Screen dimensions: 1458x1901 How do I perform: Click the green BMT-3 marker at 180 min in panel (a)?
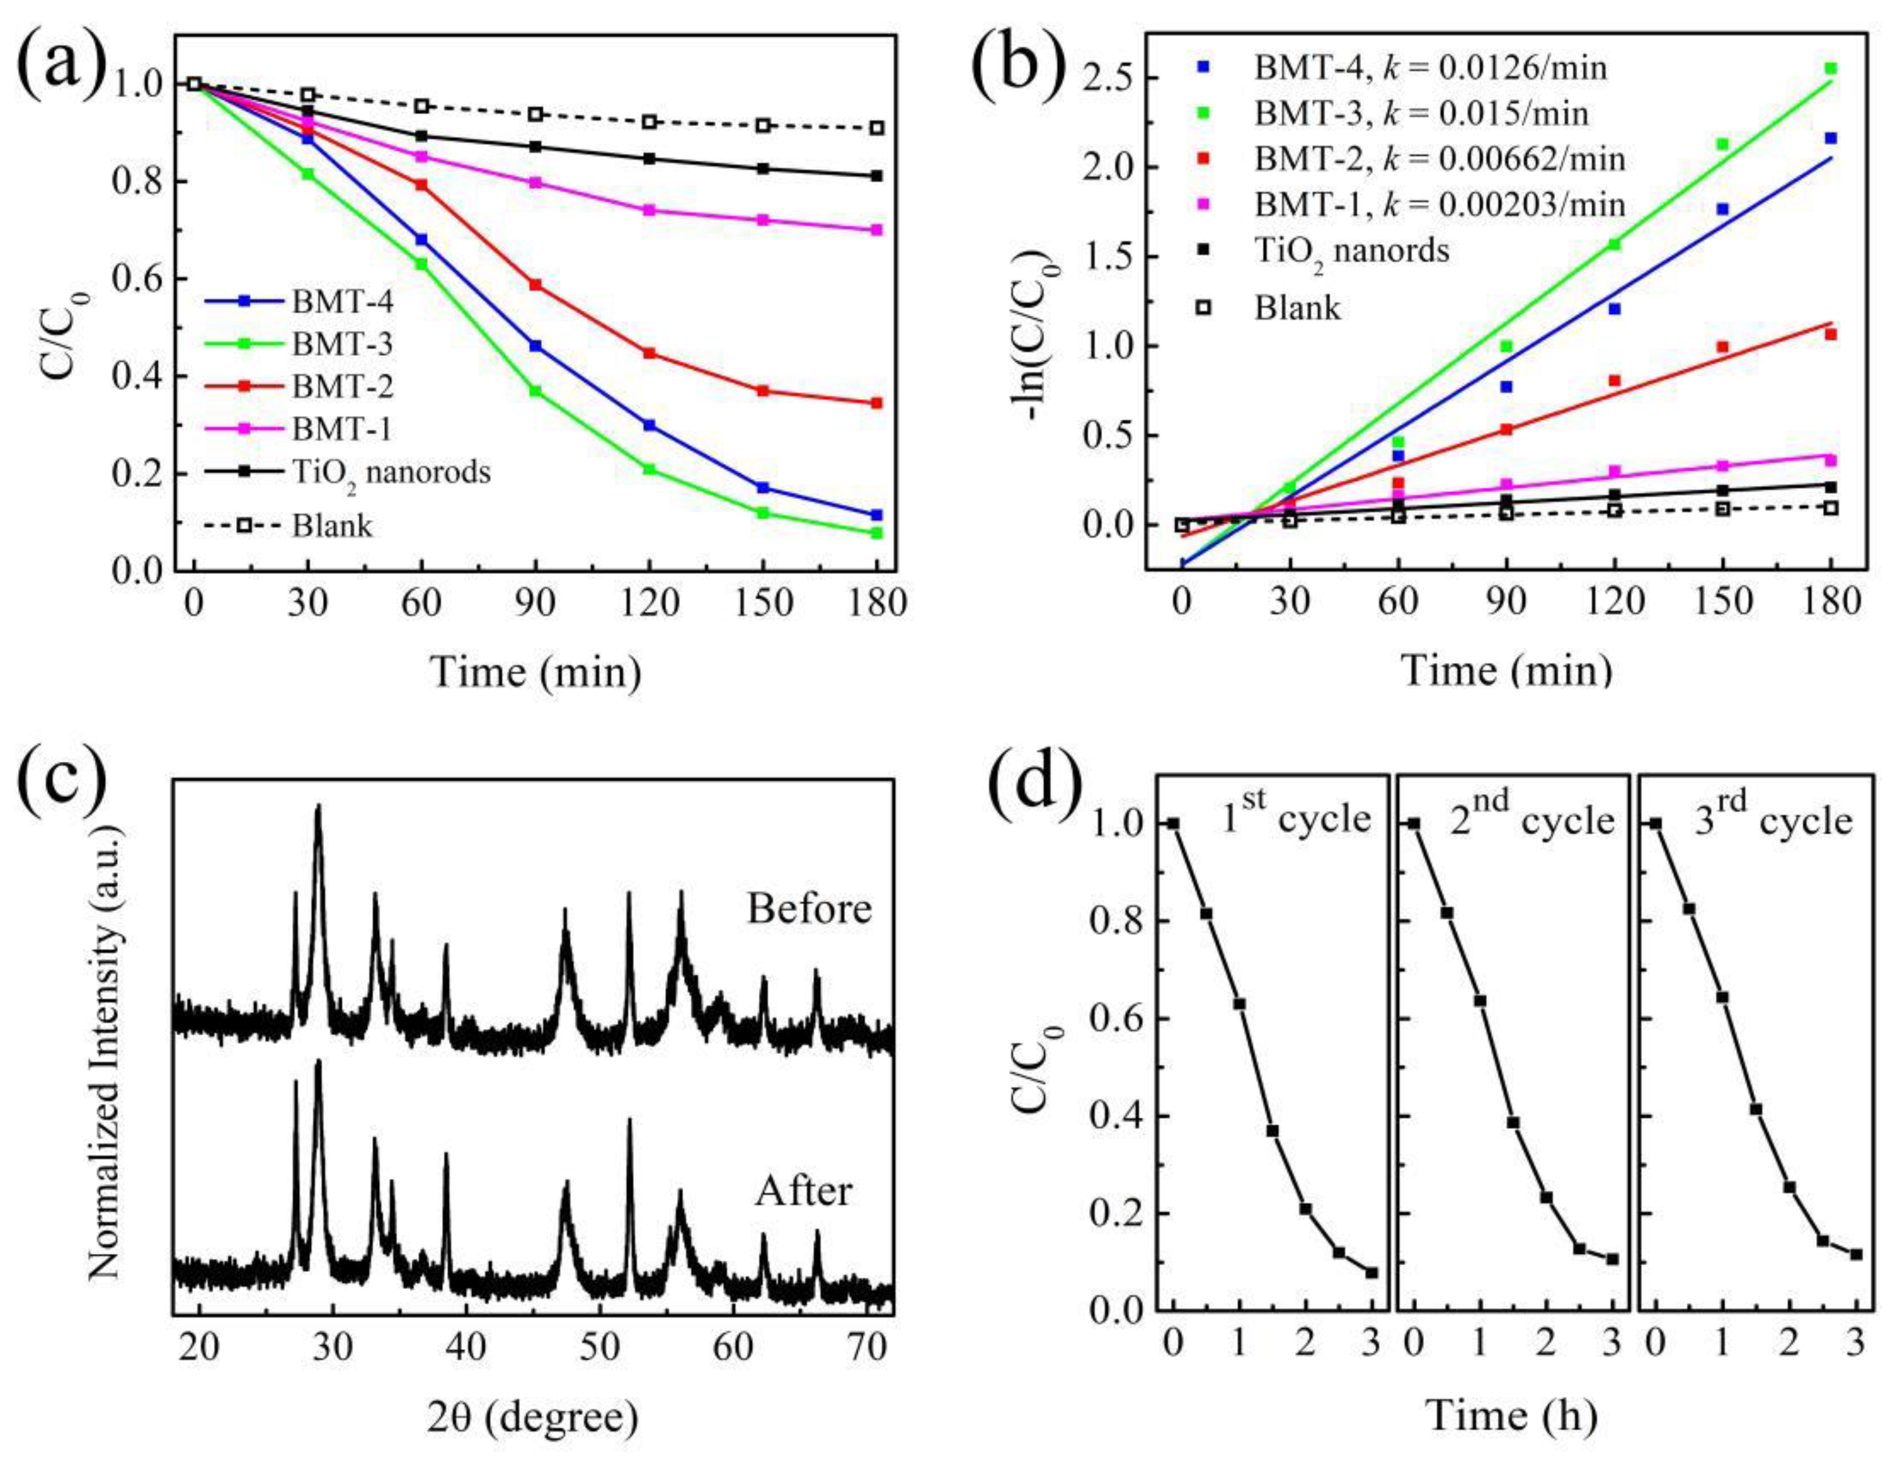pyautogui.click(x=877, y=533)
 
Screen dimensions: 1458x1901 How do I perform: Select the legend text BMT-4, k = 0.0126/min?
pyautogui.click(x=1429, y=67)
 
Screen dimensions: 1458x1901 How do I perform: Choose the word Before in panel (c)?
pyautogui.click(x=809, y=909)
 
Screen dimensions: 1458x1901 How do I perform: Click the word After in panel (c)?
pyautogui.click(x=804, y=1191)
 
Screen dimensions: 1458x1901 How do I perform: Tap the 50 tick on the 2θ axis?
pyautogui.click(x=599, y=1351)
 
